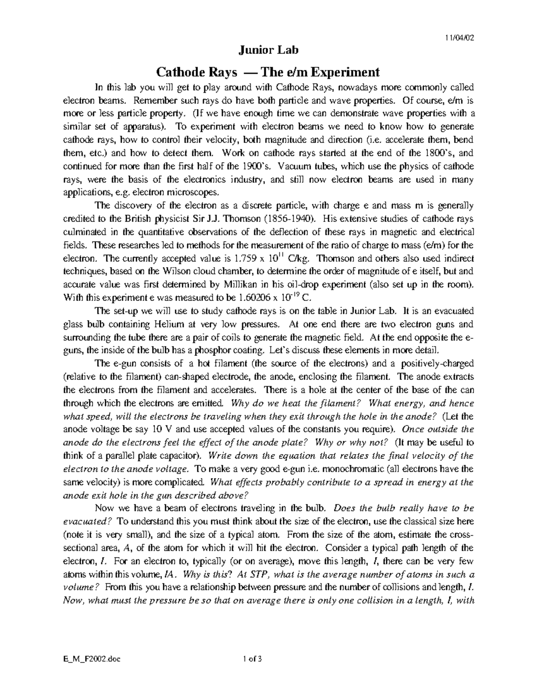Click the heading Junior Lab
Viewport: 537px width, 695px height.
(268, 51)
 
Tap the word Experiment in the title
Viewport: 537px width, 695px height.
(348, 72)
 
